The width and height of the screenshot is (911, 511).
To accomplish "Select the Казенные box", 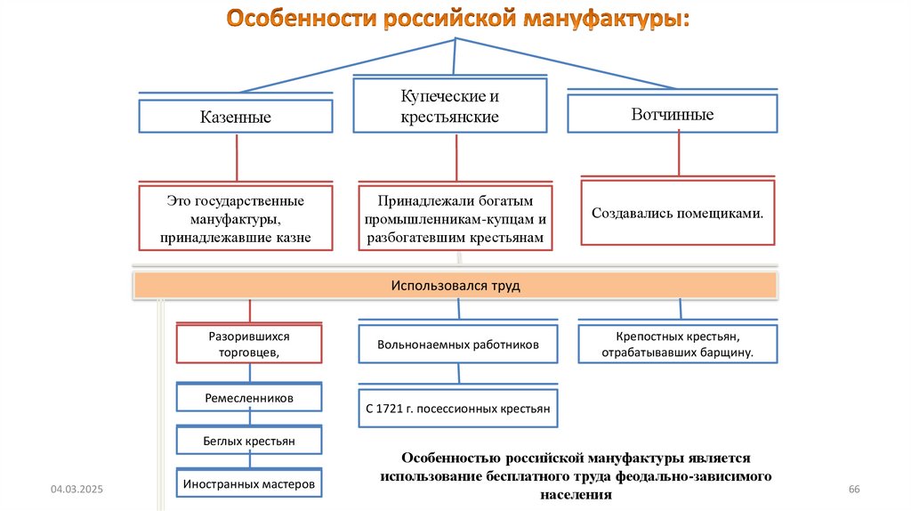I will coord(235,117).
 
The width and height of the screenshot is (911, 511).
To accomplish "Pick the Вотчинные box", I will coord(672,114).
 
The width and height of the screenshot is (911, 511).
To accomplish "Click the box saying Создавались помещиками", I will coord(677,214).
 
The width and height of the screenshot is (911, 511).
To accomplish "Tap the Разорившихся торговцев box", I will coord(249,345).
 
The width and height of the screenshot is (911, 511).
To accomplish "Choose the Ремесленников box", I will coord(249,398).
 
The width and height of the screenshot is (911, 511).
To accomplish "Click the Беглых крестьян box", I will coord(249,441).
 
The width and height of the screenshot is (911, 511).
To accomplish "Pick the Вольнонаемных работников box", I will coord(457,345).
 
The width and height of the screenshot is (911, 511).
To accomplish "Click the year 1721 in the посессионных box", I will coord(396,410).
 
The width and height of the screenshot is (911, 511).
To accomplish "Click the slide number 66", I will coord(855,491).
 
